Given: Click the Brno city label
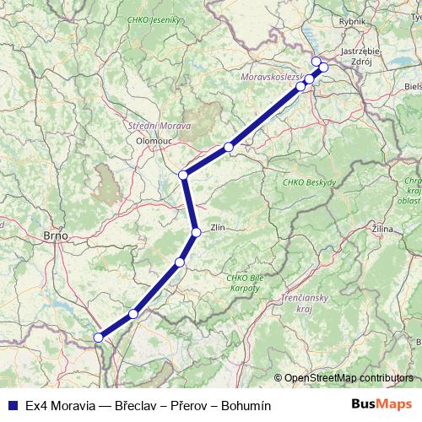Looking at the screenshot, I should click(x=55, y=238).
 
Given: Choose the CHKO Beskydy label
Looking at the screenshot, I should click(x=310, y=182).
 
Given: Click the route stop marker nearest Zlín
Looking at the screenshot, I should click(x=195, y=232).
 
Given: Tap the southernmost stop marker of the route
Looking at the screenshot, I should click(x=99, y=338).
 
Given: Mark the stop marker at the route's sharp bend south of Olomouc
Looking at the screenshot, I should click(x=183, y=176).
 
